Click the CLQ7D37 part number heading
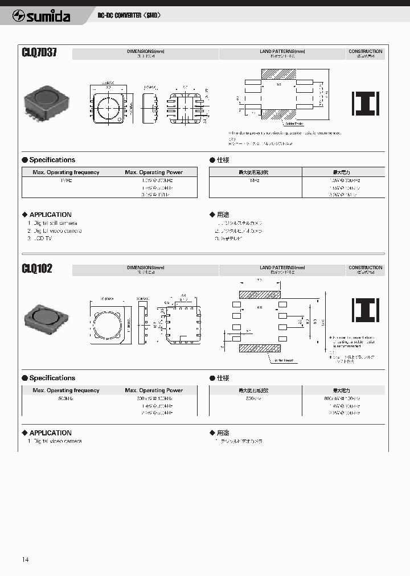point(39,54)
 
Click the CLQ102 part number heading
point(37,268)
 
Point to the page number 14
point(25,559)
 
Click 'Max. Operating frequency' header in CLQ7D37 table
point(66,172)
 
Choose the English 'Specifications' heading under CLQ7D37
point(52,160)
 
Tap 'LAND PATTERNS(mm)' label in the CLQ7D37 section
point(282,51)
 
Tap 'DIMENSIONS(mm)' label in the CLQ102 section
point(145,267)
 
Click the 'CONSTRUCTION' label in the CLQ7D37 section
point(366,51)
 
